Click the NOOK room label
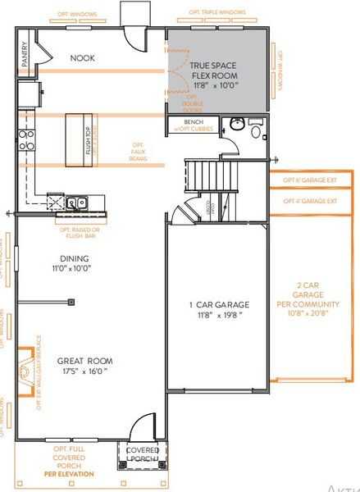[82, 57]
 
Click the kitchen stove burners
[25, 139]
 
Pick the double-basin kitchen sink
[75, 202]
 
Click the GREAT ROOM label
[84, 360]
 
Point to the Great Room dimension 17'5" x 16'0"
[84, 371]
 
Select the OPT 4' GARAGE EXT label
[311, 201]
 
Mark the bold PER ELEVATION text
[69, 474]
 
